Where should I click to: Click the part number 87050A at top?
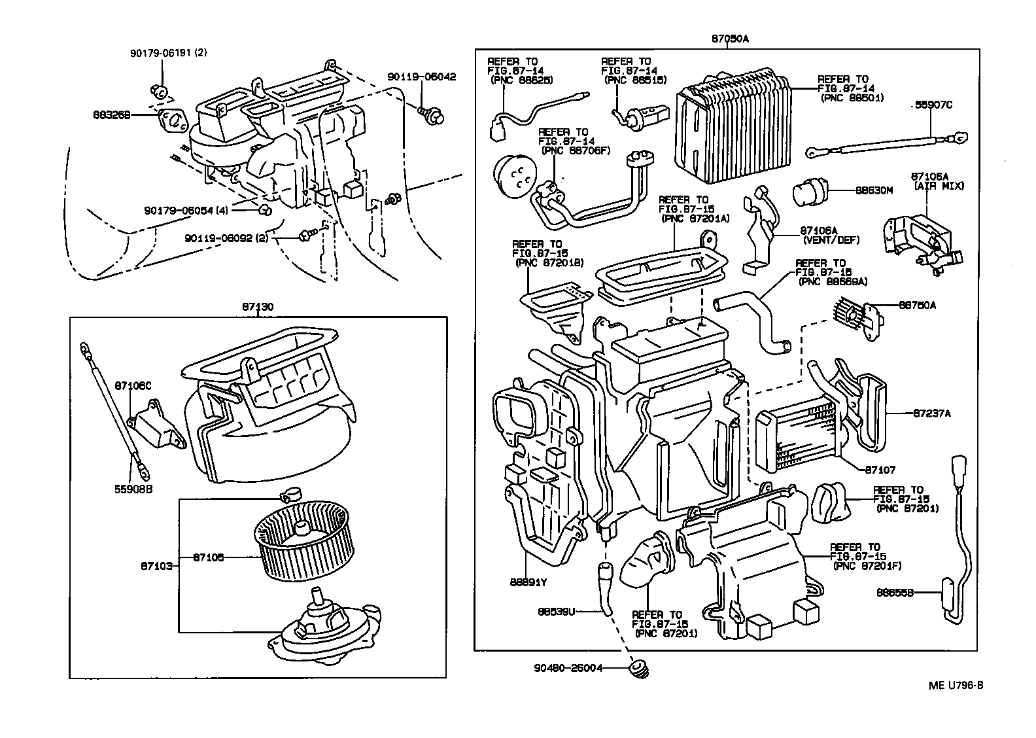coord(730,39)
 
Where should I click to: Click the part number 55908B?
coord(133,489)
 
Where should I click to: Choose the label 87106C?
coord(133,386)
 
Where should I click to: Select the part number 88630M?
coord(874,190)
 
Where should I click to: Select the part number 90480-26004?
coord(568,668)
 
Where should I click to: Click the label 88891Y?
coord(528,581)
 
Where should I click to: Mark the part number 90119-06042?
coord(421,77)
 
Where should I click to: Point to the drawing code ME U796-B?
coord(956,686)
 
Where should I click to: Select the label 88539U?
coord(557,612)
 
